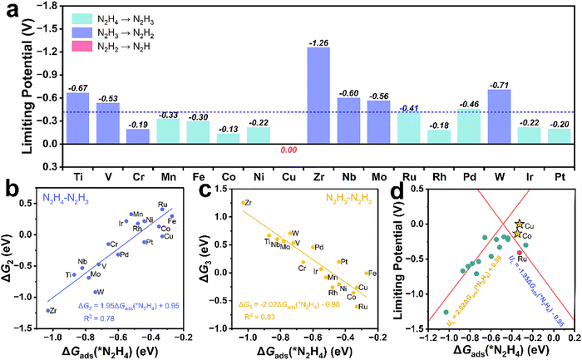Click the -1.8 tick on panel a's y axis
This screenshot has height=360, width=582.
point(46,6)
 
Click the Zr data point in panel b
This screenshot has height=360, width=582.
point(47,310)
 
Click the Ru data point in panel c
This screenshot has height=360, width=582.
point(358,306)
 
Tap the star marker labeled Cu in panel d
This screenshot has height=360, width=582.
point(519,224)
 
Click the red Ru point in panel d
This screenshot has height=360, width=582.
point(520,252)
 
